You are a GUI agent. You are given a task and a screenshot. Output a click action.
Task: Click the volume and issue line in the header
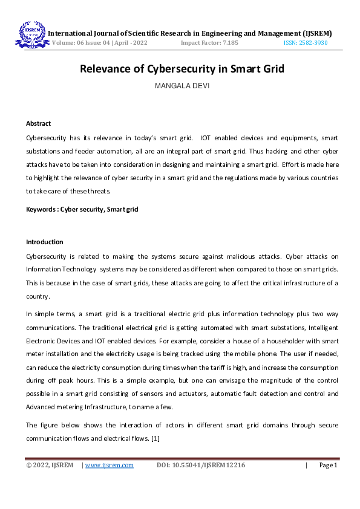point(100,44)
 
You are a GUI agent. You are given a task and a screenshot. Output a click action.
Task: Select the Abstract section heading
point(38,123)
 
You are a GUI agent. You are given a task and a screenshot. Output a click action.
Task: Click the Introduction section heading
point(44,242)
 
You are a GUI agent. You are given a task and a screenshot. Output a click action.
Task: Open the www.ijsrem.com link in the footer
point(110,465)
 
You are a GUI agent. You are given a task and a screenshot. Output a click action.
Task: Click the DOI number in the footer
point(201,465)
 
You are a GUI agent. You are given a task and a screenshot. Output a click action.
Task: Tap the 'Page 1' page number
point(327,465)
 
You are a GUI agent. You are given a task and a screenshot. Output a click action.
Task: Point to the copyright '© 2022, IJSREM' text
point(50,465)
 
